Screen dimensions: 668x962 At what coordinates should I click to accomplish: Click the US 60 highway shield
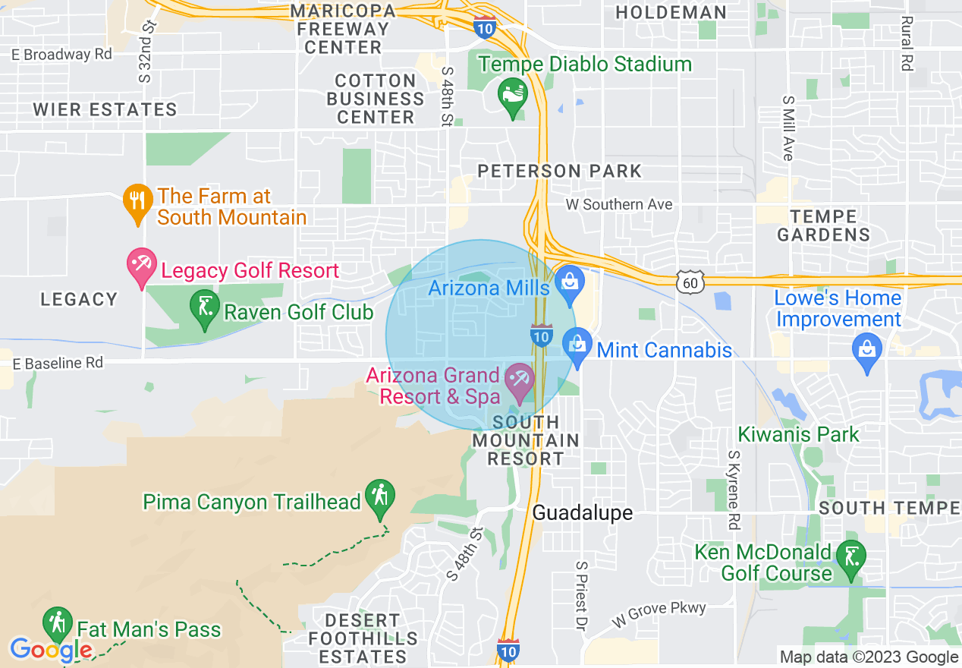693,282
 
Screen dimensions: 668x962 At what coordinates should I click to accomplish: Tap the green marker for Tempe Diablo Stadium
513,96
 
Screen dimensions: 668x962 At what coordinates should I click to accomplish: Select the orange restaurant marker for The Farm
137,202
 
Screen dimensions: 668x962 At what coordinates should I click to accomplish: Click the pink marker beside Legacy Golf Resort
141,266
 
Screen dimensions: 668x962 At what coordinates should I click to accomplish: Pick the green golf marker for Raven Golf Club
203,308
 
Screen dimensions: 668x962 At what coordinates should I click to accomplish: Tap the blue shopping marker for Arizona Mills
568,282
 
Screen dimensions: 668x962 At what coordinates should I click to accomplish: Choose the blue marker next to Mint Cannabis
577,346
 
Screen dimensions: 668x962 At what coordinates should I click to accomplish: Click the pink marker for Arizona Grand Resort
520,380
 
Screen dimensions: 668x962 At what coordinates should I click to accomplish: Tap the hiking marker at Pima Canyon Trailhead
378,497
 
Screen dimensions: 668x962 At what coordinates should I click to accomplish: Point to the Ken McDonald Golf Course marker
847,559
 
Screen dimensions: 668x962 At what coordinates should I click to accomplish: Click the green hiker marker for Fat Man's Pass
57,623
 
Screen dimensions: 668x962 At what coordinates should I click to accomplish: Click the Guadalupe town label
582,513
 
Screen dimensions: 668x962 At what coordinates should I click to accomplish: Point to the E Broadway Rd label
61,55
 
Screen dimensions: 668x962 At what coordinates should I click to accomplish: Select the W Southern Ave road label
619,204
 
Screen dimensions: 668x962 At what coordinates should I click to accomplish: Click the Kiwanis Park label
799,435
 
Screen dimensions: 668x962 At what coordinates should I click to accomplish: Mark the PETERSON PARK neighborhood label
560,171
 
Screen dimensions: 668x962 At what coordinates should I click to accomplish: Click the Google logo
51,650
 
